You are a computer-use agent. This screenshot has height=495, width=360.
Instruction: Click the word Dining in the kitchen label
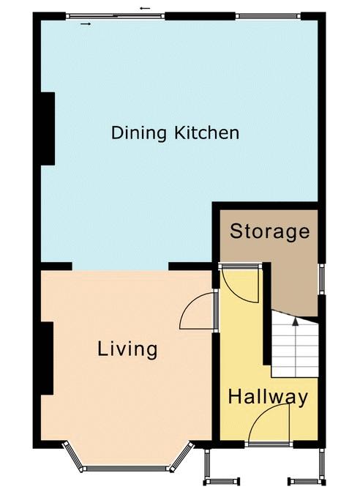click(x=138, y=133)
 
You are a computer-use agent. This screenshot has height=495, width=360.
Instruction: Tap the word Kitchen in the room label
click(x=206, y=133)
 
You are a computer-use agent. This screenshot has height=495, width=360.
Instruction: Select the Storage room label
click(x=269, y=231)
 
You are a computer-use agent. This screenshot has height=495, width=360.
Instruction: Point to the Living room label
click(x=127, y=349)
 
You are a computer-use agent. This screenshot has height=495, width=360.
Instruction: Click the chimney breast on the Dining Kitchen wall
click(x=48, y=128)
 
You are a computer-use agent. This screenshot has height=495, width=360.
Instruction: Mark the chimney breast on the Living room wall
click(x=47, y=358)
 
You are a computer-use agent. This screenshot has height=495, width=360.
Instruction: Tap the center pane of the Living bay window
click(x=127, y=469)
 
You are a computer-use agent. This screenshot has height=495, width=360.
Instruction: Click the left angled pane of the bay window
click(x=73, y=456)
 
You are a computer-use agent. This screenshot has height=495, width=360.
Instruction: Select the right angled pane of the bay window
click(x=181, y=456)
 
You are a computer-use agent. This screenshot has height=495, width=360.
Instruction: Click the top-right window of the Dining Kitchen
click(x=269, y=16)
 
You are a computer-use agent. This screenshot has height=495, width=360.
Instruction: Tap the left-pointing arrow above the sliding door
click(x=145, y=8)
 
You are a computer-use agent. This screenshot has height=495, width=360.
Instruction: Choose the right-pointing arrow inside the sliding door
click(x=86, y=23)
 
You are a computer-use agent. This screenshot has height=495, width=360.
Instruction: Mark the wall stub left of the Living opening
click(x=56, y=266)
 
